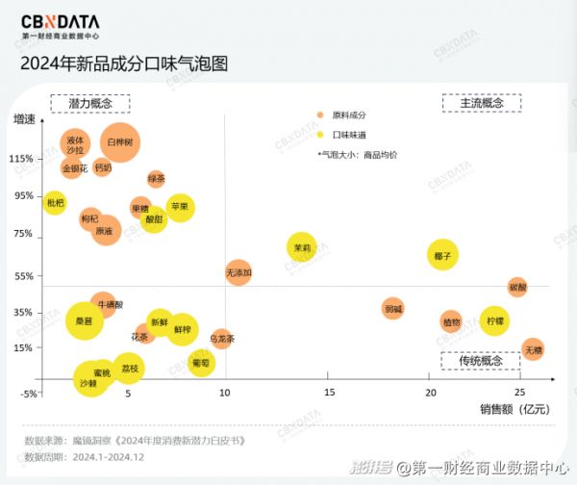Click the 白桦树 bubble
point(121,142)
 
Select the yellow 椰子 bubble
point(442,255)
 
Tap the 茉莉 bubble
point(302,247)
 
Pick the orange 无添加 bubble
point(238,273)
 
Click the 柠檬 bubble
point(494,320)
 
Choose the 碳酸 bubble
point(517,287)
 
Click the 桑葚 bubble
point(84,320)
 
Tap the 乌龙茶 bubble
point(222,338)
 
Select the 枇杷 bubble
point(55,203)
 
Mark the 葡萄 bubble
point(200,363)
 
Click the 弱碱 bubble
point(392,309)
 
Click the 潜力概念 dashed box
point(90,103)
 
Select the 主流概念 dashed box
point(481,103)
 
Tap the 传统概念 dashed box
point(480,361)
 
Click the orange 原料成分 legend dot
point(321,115)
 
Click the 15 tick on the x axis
point(329,393)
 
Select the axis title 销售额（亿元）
point(514,409)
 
